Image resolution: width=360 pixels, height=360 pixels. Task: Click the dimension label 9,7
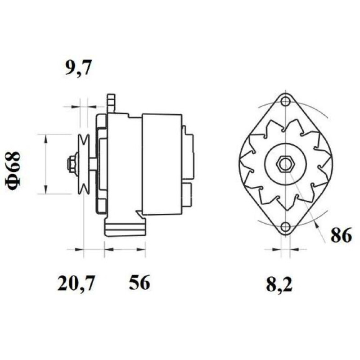click(x=78, y=68)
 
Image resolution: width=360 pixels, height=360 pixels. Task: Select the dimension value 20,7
click(x=76, y=283)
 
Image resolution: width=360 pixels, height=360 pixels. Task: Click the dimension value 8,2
click(x=279, y=284)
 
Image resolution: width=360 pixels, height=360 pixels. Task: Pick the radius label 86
click(x=341, y=235)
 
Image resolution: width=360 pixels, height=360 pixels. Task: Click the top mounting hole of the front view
click(x=285, y=101)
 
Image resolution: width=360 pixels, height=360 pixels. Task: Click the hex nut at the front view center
click(x=285, y=164)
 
